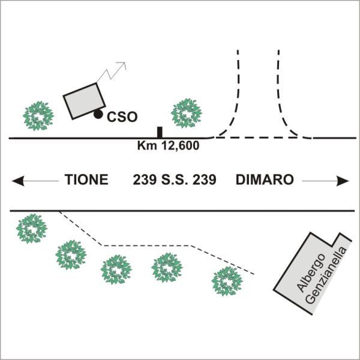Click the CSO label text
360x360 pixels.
122,117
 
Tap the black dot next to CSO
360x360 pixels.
98,114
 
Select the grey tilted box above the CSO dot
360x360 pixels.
84,101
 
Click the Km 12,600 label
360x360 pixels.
168,145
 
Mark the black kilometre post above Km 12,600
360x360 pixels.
160,132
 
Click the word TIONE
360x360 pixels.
86,179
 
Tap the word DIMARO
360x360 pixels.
265,179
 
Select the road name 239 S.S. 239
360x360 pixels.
175,179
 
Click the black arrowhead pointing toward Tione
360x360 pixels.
18,181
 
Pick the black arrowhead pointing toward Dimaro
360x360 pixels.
343,181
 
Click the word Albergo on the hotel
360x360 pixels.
311,273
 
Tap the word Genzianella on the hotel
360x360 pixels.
327,276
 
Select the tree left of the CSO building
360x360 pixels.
38,116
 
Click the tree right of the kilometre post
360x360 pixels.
187,113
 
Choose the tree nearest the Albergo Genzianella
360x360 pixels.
227,281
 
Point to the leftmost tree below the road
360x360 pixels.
32,229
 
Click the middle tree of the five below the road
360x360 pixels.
116,269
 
